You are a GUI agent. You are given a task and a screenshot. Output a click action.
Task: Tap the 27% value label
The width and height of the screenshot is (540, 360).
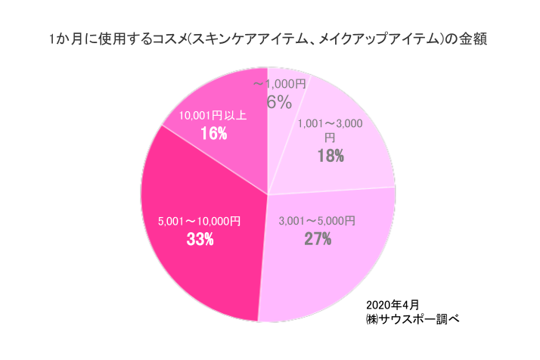point(318,240)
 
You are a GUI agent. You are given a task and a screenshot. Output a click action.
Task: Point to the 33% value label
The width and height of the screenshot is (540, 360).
point(200,241)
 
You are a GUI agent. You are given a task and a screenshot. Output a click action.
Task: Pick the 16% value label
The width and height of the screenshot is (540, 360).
point(213,133)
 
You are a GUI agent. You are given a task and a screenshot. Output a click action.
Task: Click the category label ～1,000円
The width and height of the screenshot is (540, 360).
point(280,84)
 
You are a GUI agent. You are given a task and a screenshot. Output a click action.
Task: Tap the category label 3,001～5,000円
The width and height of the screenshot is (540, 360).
point(317,222)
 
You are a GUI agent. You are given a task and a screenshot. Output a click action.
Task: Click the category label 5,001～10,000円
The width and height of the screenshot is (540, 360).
point(199,222)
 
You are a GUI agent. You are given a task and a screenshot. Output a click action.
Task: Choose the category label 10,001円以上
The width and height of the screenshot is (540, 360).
point(213,116)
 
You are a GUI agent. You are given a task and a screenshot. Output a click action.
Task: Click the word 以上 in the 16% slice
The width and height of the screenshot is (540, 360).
point(235,116)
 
